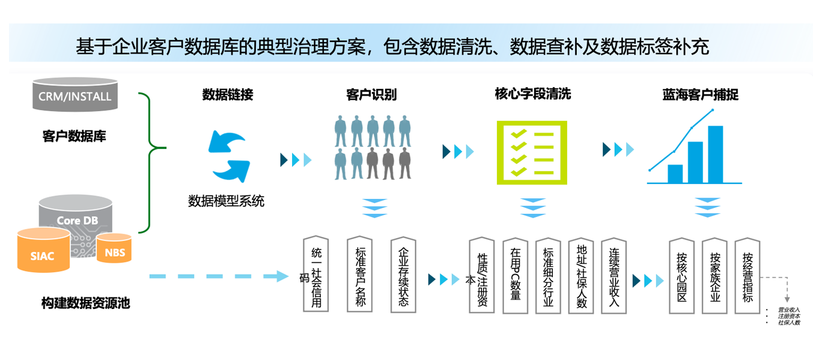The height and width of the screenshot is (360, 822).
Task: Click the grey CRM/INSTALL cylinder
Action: click(x=75, y=95)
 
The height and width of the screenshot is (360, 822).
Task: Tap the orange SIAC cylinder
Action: click(x=42, y=252)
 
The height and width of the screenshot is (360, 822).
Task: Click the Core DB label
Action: click(x=77, y=221)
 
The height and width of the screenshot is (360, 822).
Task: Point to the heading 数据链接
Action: click(x=228, y=95)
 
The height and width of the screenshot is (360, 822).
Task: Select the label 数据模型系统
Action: click(x=226, y=201)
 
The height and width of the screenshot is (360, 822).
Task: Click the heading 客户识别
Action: click(x=371, y=95)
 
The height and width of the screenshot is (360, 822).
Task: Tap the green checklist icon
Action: click(x=532, y=153)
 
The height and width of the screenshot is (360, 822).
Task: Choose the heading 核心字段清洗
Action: click(x=532, y=94)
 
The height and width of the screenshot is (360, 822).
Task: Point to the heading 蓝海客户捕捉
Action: click(x=700, y=95)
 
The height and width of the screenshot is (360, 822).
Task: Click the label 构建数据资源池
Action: click(x=85, y=303)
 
